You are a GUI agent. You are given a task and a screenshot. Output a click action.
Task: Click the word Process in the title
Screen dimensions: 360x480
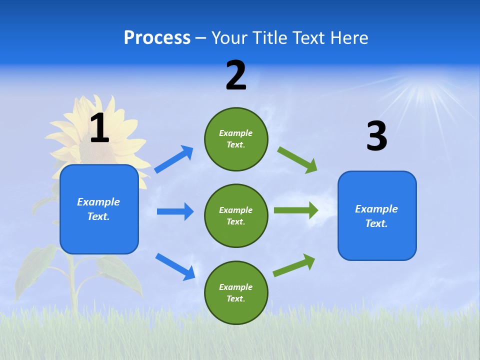coord(157,38)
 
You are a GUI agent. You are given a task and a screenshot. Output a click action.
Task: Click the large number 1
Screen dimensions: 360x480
coord(99,128)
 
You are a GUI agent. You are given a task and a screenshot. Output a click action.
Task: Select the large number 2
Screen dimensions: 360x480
coord(236,75)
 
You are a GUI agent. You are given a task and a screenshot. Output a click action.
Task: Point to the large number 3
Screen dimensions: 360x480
coord(376,136)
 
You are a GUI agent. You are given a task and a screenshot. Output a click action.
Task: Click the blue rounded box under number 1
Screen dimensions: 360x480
coord(99,209)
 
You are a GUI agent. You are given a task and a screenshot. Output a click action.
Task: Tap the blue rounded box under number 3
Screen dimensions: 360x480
coord(377,215)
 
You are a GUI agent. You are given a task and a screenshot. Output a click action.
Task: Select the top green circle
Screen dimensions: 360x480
coord(236,139)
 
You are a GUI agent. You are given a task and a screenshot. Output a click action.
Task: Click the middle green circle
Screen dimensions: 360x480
coord(236,215)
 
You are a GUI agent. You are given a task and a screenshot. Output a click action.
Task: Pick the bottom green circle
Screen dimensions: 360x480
coord(236,292)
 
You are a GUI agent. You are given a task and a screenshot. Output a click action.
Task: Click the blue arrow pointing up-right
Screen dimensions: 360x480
coord(174,159)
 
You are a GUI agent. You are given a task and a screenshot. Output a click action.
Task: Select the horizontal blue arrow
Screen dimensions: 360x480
coord(175,211)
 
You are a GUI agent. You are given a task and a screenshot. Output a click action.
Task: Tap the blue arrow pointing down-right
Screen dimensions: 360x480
coord(175,266)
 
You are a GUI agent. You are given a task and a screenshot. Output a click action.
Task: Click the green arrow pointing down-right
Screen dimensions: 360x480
coord(297,159)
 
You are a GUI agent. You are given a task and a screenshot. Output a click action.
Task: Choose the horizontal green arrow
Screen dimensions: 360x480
coord(296,210)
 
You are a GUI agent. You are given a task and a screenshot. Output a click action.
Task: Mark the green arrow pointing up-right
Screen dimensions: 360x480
coord(294,265)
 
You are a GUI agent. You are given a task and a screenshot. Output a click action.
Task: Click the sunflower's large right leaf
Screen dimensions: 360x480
coord(120,272)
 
